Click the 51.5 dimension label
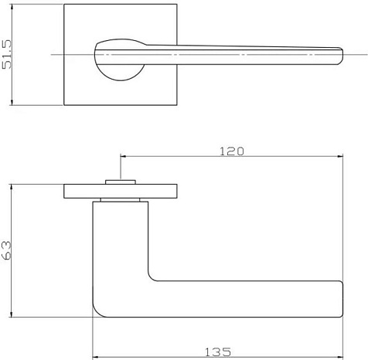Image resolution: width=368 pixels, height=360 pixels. click(7, 54)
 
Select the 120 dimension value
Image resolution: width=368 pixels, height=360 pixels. click(232, 151)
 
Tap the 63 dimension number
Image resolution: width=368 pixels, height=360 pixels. click(6, 250)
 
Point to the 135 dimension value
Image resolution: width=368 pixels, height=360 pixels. click(218, 352)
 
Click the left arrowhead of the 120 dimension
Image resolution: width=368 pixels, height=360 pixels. click(123, 156)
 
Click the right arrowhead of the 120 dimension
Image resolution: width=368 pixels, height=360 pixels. click(340, 156)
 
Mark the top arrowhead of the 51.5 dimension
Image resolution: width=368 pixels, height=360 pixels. click(12, 7)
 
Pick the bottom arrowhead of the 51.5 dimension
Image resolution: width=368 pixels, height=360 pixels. click(12, 103)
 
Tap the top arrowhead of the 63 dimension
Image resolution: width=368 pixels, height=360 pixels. click(11, 187)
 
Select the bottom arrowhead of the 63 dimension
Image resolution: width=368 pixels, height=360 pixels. click(11, 314)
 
